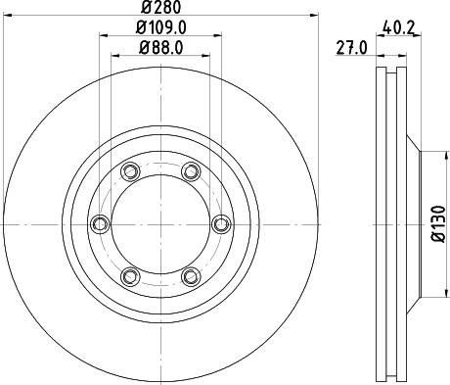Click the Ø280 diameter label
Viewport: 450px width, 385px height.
(x=160, y=10)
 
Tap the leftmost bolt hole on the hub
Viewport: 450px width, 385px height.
(x=99, y=224)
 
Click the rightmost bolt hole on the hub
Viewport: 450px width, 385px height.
(x=221, y=224)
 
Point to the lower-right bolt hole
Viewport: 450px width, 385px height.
(x=191, y=276)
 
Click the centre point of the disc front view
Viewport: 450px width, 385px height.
(x=160, y=224)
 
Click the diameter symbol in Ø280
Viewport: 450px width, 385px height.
(x=148, y=10)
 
